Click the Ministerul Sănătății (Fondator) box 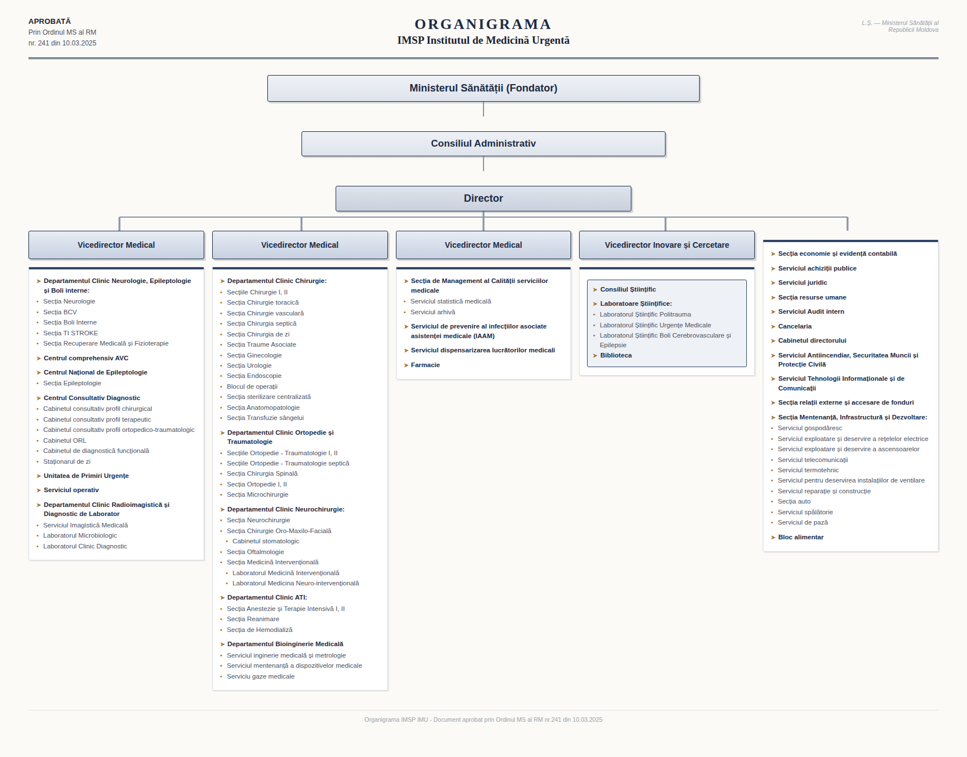pos(483,88)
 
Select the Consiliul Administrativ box pos(483,144)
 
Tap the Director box pos(483,198)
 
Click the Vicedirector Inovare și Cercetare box pos(667,245)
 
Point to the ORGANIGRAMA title pos(483,24)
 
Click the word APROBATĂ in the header pos(49,22)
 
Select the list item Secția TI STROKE pos(71,333)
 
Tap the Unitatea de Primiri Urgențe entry pos(86,476)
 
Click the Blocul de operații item pos(252,386)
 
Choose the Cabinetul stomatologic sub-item pos(266,541)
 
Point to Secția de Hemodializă pos(259,630)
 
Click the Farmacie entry pos(425,365)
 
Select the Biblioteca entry pos(616,355)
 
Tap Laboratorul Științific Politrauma pos(646,314)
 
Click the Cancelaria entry pos(795,326)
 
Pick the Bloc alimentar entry pos(801,537)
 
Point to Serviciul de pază pos(803,522)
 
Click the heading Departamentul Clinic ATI pos(267,597)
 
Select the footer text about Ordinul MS pos(483,719)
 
